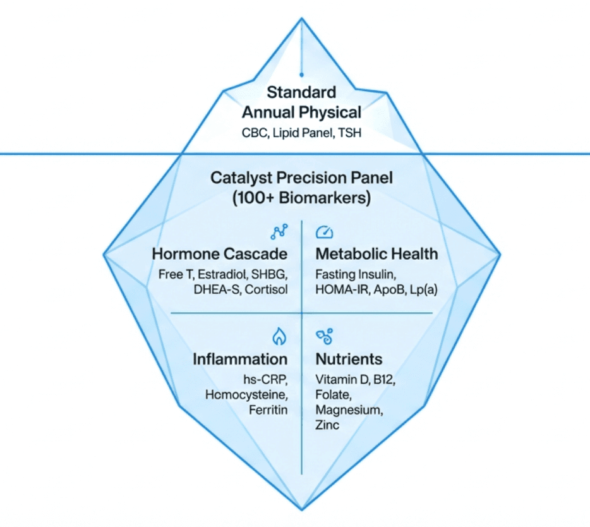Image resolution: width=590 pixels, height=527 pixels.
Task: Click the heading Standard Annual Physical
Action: [x=301, y=102]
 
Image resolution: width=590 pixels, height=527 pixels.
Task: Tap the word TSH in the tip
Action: [x=349, y=134]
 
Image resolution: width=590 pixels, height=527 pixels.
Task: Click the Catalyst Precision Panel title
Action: [x=301, y=177]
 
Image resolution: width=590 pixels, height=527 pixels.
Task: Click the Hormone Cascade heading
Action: [x=220, y=254]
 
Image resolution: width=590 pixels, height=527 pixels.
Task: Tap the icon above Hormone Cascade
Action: [x=278, y=232]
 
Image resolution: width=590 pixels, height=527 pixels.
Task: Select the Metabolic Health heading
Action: [x=376, y=254]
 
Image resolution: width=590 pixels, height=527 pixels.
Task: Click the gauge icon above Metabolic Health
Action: [x=324, y=232]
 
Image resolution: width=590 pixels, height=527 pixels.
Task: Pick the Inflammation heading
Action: [x=240, y=360]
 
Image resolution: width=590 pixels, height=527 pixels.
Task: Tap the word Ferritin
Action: [x=268, y=410]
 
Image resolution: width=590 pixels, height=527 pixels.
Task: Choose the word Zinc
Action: [x=327, y=425]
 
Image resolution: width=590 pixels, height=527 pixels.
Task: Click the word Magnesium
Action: [x=348, y=410]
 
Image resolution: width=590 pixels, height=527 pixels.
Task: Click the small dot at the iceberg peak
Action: [x=301, y=75]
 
